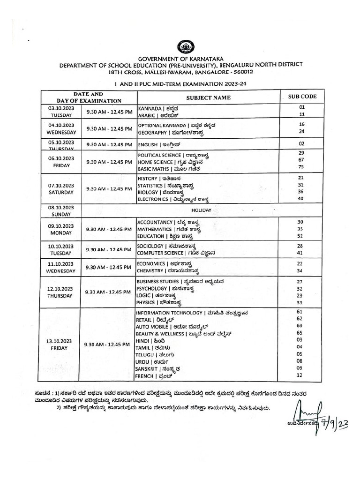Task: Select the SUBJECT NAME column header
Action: click(x=208, y=97)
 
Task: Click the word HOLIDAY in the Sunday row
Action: click(x=201, y=210)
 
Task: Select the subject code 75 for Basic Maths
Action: click(x=301, y=166)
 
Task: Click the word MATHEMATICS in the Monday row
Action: click(x=154, y=229)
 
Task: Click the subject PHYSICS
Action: click(x=146, y=303)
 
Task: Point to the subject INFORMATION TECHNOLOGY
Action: click(x=169, y=313)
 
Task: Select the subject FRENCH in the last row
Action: click(x=145, y=376)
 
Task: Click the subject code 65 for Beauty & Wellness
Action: click(x=300, y=332)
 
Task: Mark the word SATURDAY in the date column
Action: click(x=61, y=192)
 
